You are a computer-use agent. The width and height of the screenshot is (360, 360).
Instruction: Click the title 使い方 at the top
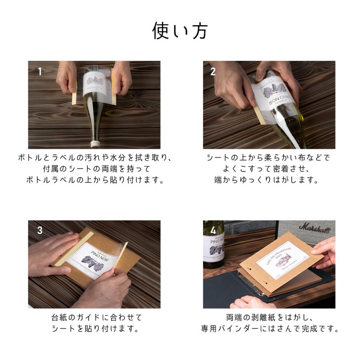[x=180, y=31]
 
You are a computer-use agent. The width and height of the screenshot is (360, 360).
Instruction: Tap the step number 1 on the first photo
[x=40, y=72]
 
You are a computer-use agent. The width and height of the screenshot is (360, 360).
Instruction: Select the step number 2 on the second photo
[x=213, y=72]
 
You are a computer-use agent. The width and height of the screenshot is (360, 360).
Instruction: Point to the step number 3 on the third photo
[x=40, y=231]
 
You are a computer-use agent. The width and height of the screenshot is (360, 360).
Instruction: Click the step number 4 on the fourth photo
[x=213, y=231]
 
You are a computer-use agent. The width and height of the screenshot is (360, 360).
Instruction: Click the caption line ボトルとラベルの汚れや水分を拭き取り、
[x=94, y=157]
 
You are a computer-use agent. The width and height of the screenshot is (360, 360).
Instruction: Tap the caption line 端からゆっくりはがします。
[x=268, y=180]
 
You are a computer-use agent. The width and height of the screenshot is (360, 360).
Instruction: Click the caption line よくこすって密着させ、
[x=268, y=169]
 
